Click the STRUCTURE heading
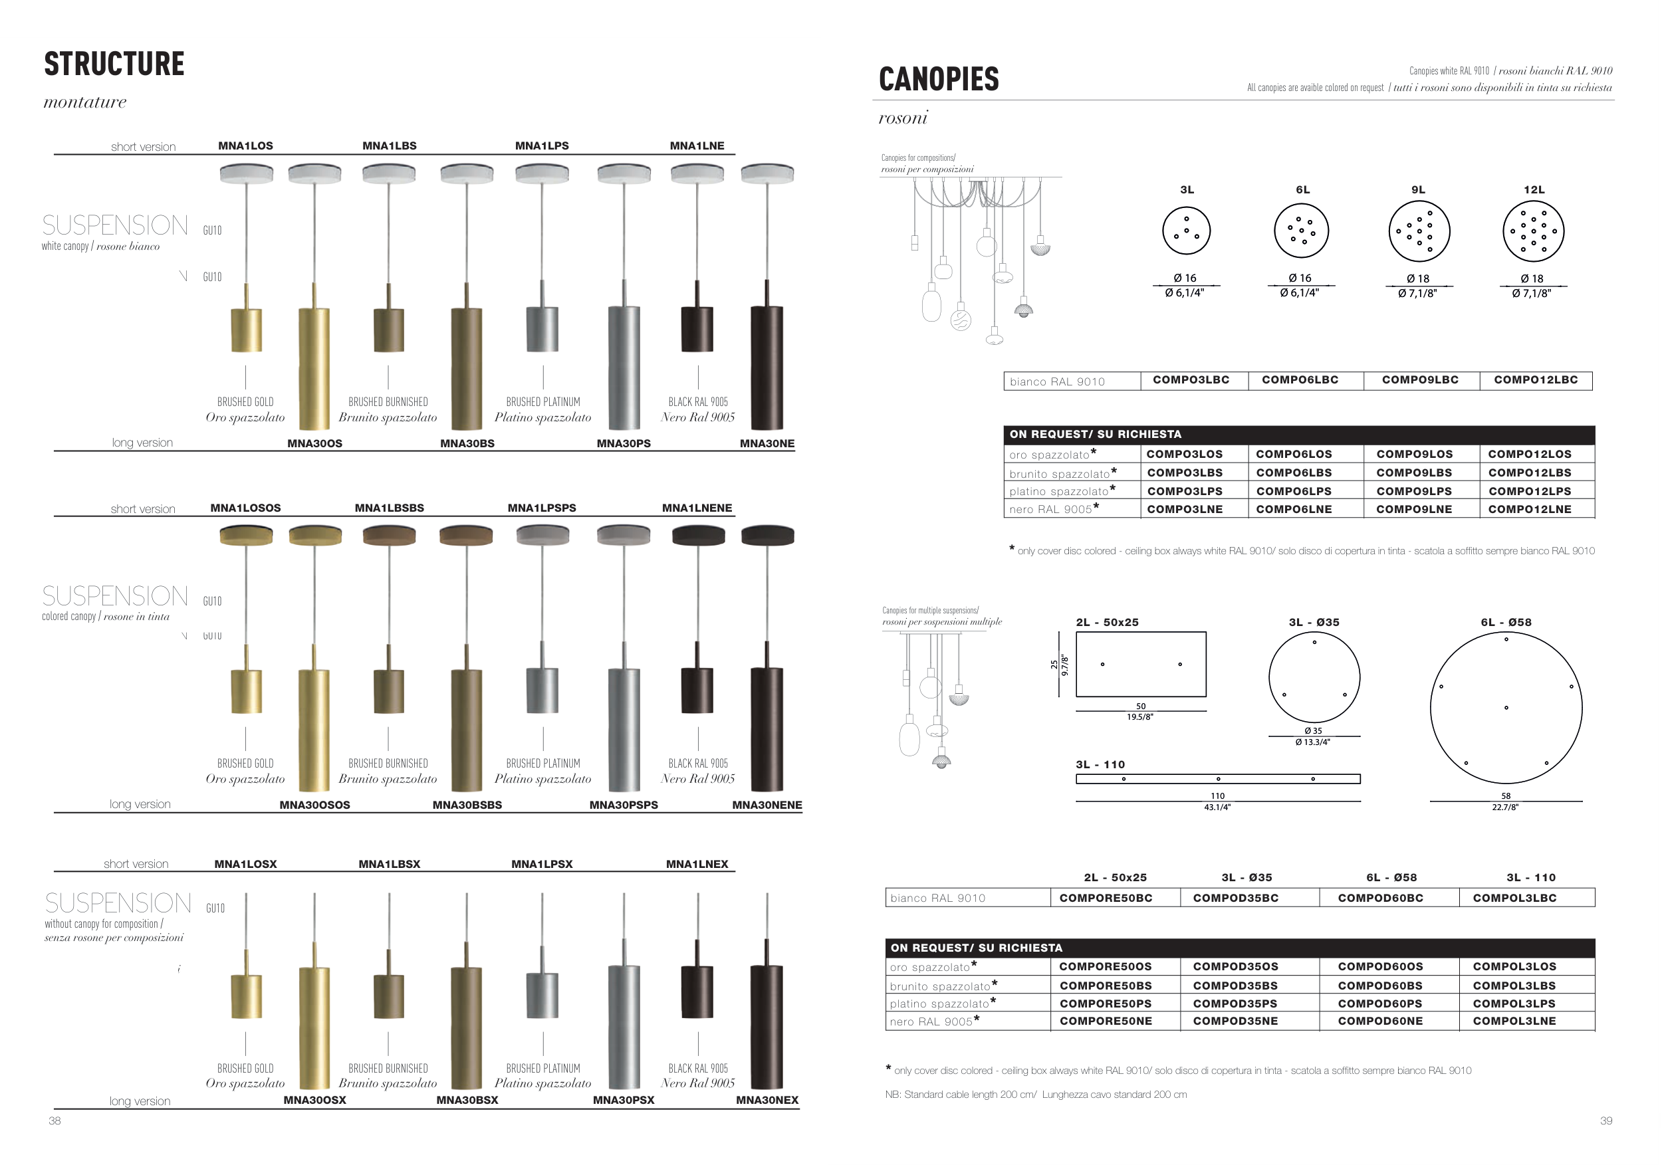[114, 64]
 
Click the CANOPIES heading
[939, 79]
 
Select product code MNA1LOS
[245, 146]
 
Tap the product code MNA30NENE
[767, 805]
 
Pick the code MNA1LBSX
[390, 864]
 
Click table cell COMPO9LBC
[1420, 380]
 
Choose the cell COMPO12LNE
[1530, 510]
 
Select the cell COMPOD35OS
[1236, 967]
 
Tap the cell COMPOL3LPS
[1514, 1004]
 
